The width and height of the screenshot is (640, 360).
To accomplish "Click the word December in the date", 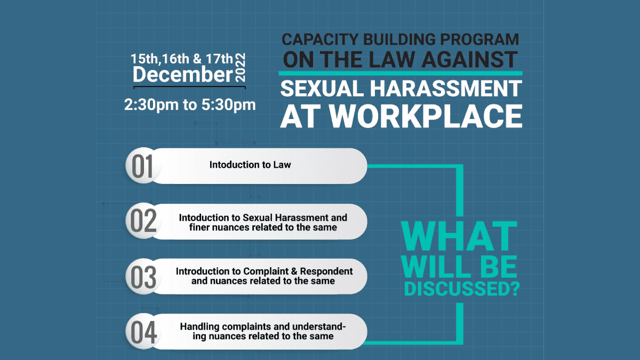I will click(182, 74).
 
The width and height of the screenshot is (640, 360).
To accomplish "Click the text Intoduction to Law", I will click(250, 165).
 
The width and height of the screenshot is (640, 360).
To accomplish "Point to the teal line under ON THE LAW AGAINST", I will click(400, 73).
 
